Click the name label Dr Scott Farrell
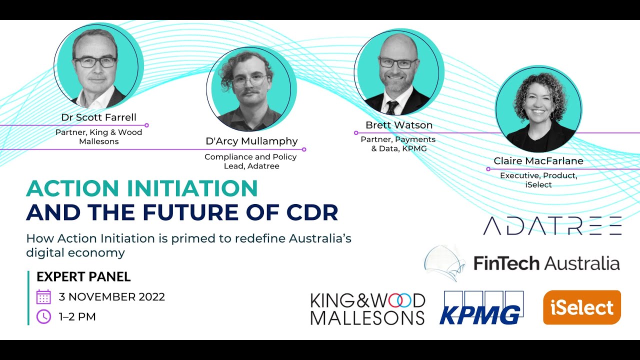pos(98,117)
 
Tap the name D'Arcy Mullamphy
pos(251,141)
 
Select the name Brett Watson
pos(398,125)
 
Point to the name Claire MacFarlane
pos(538,161)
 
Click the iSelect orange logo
pos(581,307)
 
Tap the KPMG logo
pos(481,308)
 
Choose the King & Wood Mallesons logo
pos(367,308)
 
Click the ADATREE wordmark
pos(552,226)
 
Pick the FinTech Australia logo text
pos(546,263)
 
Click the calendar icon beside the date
pos(44,296)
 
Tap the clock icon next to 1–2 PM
pos(44,316)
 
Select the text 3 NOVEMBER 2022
pos(111,296)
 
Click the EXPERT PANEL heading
pos(83,276)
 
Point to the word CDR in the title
pos(312,212)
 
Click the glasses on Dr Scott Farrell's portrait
pos(95,62)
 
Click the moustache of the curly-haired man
pos(251,93)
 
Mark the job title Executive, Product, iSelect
pos(538,180)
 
